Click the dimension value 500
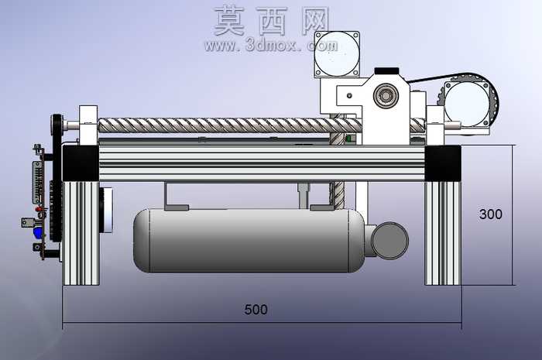tap(256, 309)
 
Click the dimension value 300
tap(490, 214)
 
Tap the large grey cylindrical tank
tap(249, 241)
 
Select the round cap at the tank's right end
tap(389, 241)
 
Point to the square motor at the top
tap(337, 54)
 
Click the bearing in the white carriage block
tap(385, 95)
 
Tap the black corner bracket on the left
tap(81, 163)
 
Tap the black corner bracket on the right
tap(443, 163)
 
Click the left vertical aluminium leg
tap(81, 233)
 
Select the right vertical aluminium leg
tap(443, 233)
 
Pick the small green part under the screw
tap(348, 139)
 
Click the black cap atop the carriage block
tap(387, 70)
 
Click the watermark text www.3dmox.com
tap(271, 45)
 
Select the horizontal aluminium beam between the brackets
tap(262, 163)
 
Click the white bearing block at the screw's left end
tap(88, 125)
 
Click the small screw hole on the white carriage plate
tap(349, 95)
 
